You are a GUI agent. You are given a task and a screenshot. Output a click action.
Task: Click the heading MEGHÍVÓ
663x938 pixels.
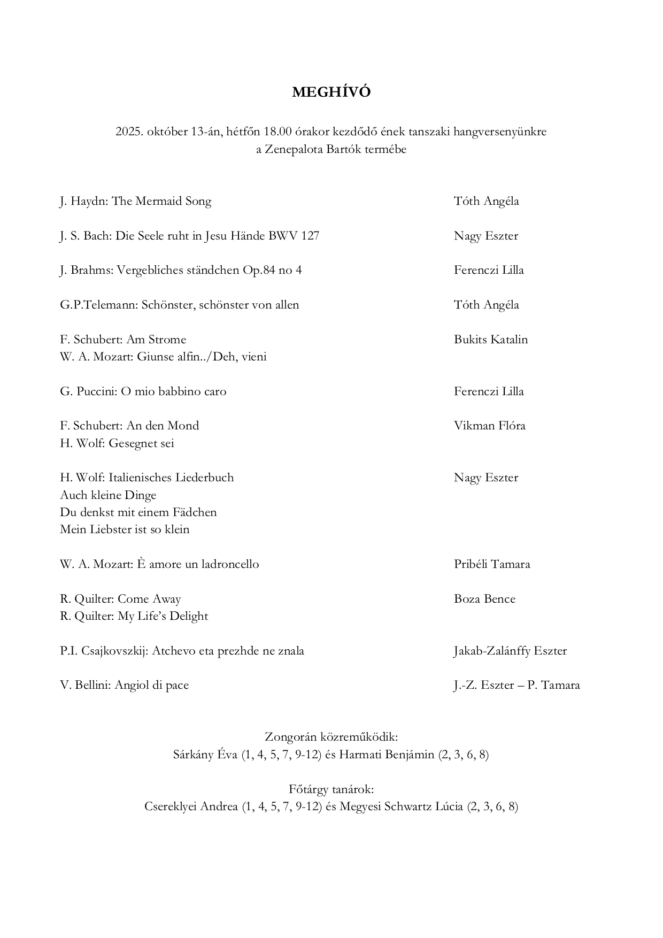click(331, 93)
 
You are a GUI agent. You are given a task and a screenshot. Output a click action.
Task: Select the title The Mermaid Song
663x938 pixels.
click(161, 202)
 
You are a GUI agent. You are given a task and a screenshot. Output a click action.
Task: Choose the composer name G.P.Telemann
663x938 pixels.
click(99, 305)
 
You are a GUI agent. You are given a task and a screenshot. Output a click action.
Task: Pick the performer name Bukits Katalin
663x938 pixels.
click(490, 340)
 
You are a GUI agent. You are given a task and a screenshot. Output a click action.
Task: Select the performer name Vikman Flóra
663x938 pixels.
click(489, 426)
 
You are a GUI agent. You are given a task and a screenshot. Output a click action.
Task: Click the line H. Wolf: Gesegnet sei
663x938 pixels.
click(117, 443)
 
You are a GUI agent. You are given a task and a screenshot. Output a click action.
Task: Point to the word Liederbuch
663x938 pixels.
click(204, 478)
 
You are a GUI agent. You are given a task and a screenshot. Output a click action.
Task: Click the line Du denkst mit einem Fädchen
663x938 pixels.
click(138, 512)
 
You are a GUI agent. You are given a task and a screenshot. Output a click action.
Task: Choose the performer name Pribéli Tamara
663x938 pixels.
click(491, 564)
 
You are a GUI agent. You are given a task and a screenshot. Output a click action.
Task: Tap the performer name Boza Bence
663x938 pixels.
click(484, 599)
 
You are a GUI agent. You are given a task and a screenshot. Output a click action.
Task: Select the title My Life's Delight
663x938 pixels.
click(163, 616)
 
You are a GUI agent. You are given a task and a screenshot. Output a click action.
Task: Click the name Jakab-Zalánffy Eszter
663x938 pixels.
click(510, 651)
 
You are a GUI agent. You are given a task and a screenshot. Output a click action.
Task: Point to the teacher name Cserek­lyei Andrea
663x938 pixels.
click(191, 806)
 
